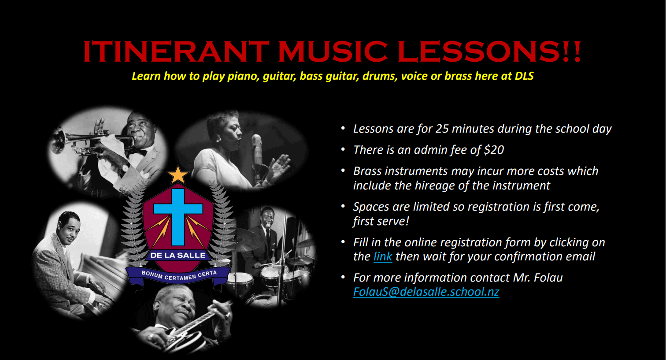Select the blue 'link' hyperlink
coord(383,256)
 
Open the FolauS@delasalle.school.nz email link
coord(426,292)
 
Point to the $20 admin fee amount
coord(494,150)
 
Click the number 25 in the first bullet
coord(442,129)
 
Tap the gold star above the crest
coord(178,175)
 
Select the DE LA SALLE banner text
coord(178,255)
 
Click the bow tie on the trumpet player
coord(138,152)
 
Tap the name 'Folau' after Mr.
coord(548,278)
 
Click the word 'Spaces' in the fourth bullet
coord(371,207)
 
